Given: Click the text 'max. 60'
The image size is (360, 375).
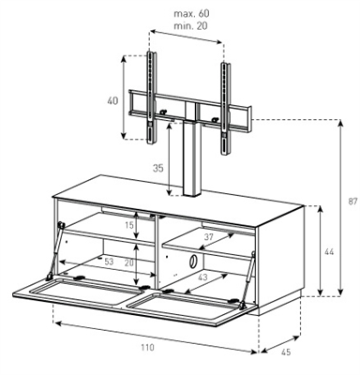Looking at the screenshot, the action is [191, 13].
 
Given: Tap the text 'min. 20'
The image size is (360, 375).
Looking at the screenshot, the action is [190, 26].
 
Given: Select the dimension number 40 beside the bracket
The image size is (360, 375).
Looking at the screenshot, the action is [112, 101].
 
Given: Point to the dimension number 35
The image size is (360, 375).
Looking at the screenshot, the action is [158, 169].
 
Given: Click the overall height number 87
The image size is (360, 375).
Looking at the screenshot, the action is [352, 202].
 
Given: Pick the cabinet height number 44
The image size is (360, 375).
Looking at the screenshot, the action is [329, 251].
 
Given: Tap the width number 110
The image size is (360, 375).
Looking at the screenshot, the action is [147, 347].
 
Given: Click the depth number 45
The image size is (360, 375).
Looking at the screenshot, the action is [286, 352].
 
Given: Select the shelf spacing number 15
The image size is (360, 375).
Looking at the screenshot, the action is [129, 224].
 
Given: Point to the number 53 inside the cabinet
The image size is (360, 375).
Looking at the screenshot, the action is [109, 262].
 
